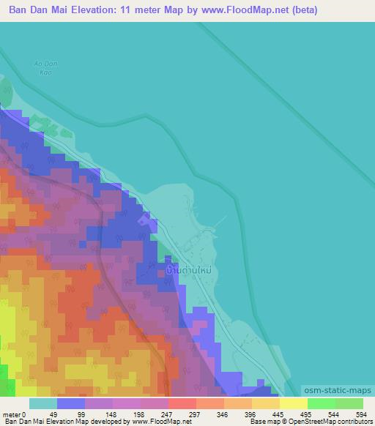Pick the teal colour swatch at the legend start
[43, 403]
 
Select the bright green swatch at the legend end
[349, 403]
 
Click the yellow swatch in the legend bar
[294, 403]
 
